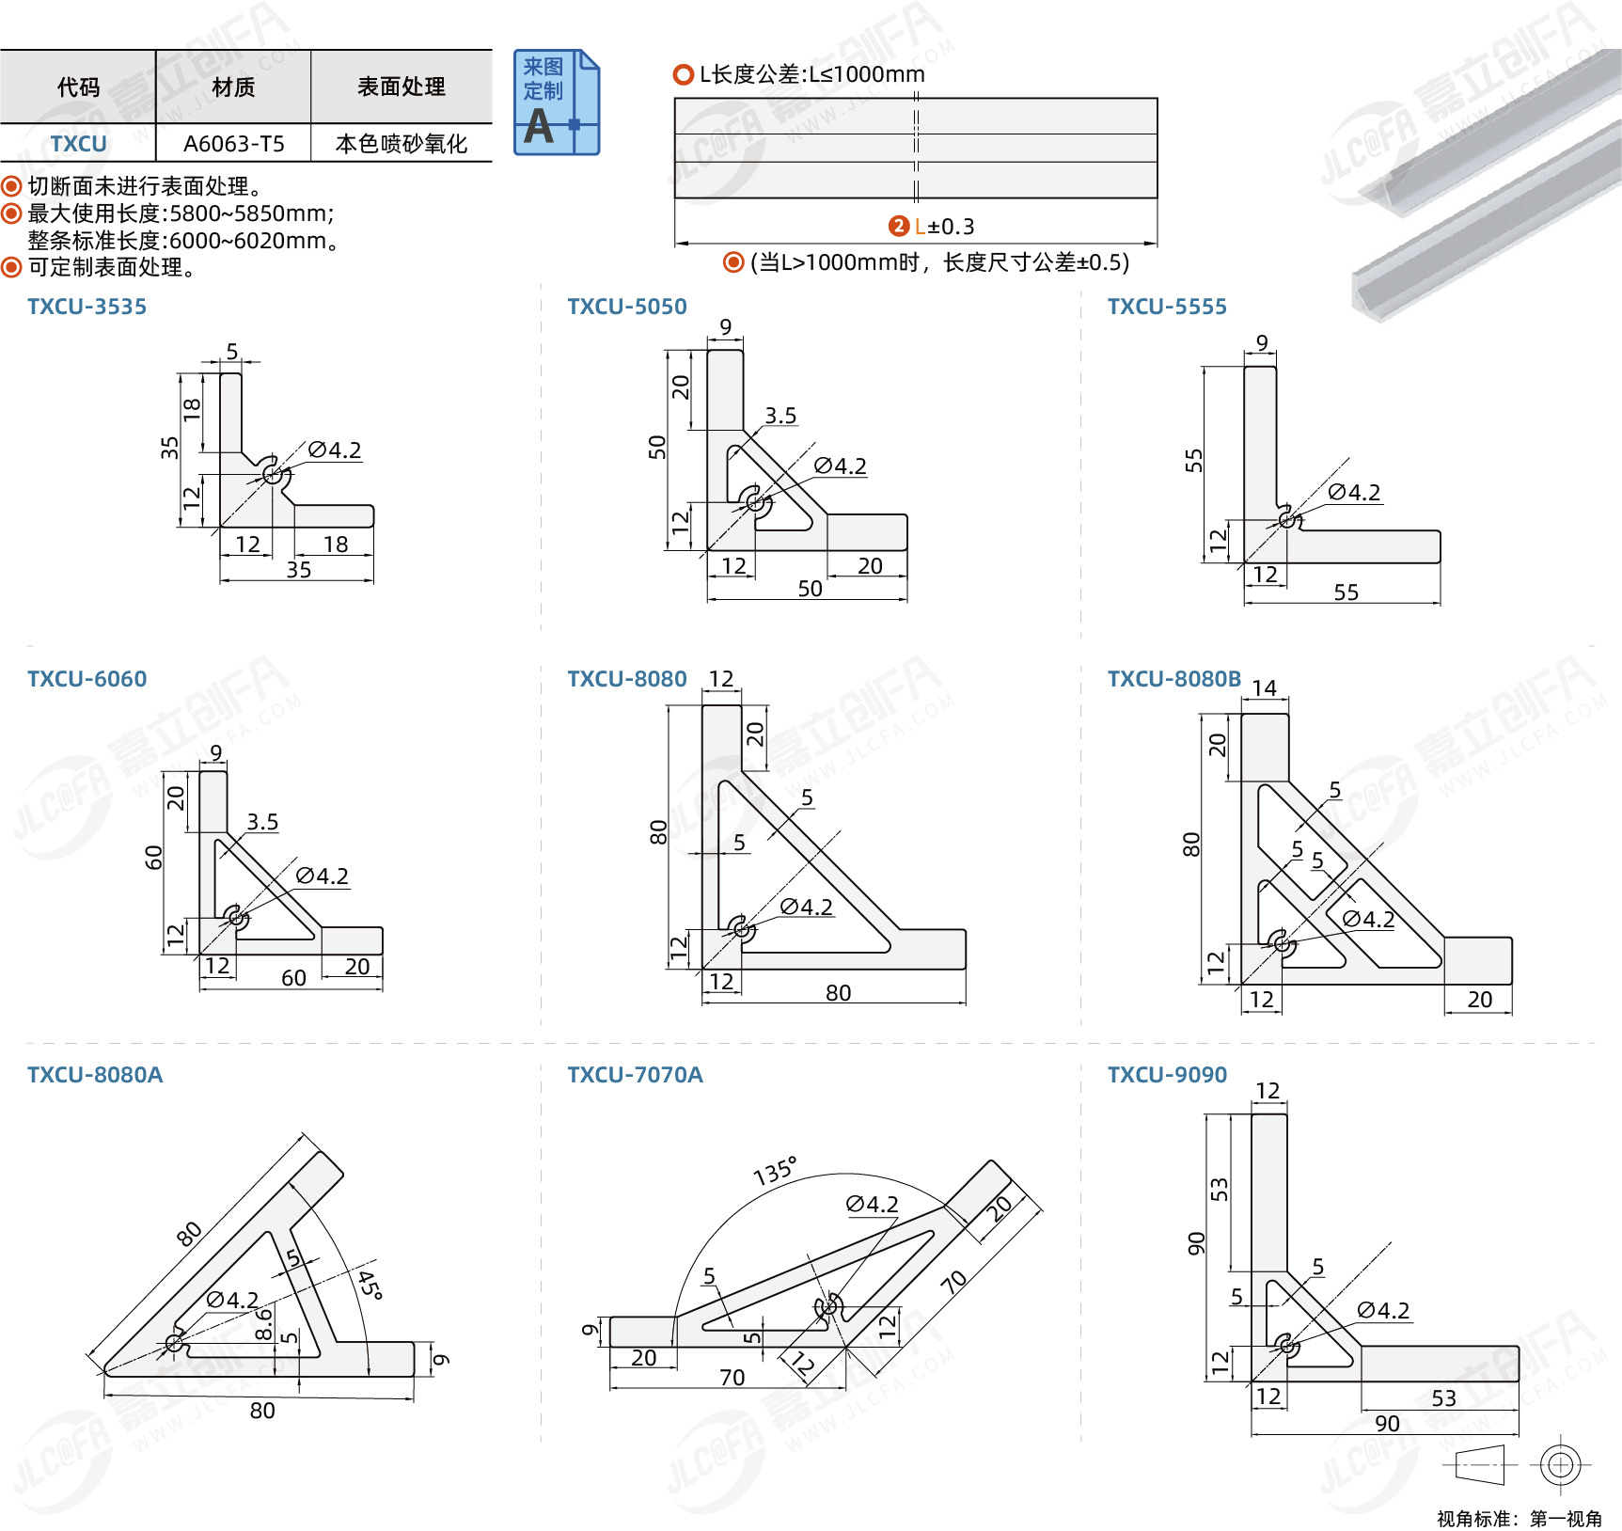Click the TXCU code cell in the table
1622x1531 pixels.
coord(78,144)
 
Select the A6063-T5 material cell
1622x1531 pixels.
coord(233,144)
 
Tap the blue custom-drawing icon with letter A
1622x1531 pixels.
coord(556,103)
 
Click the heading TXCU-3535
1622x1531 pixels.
coord(87,307)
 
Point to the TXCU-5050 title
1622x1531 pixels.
coord(627,307)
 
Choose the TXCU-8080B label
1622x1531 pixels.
coord(1173,679)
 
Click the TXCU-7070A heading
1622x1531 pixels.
coord(635,1075)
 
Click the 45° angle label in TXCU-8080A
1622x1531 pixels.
coord(369,1285)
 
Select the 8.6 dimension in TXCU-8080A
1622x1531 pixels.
coord(264,1324)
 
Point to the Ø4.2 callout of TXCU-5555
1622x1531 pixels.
coord(1354,492)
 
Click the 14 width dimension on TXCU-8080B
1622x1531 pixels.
coord(1264,688)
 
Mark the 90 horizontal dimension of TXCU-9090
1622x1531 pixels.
coord(1387,1424)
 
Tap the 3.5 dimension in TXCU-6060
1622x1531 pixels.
coord(262,822)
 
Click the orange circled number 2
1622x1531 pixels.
coord(899,226)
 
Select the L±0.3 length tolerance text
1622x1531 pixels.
coord(945,227)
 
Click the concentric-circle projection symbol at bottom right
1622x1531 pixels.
coord(1560,1464)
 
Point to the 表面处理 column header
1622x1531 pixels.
coord(402,87)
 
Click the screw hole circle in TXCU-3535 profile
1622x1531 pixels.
coord(272,474)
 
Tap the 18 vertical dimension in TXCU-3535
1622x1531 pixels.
coord(192,409)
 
